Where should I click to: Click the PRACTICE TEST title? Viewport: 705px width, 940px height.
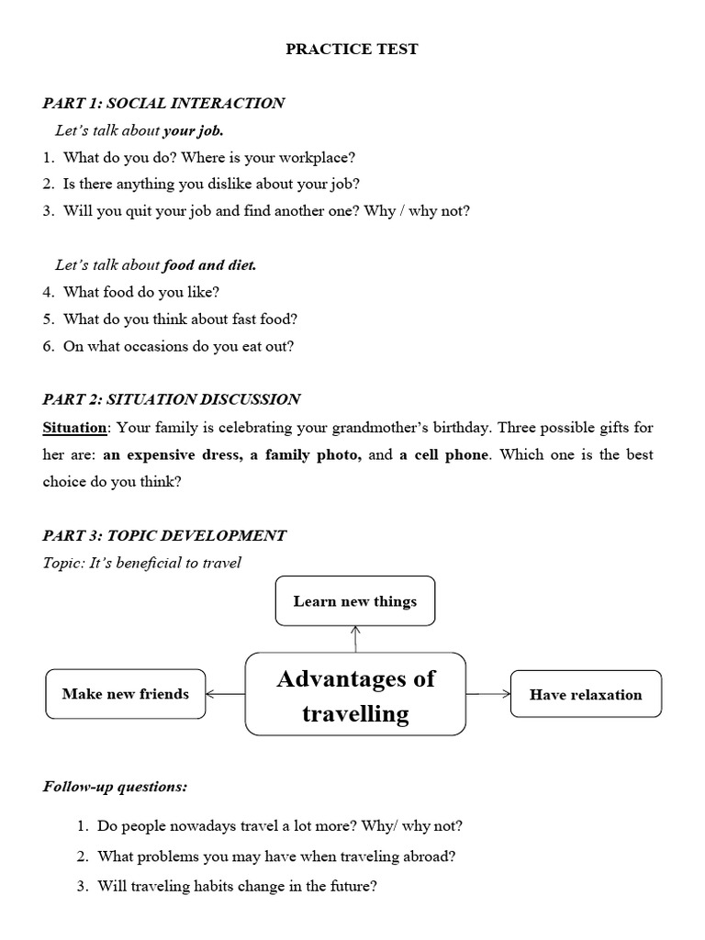coord(352,50)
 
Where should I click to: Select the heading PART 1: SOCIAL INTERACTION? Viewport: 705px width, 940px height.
coord(163,103)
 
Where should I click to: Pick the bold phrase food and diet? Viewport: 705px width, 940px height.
coord(210,265)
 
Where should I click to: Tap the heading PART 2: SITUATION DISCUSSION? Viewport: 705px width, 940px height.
coord(172,399)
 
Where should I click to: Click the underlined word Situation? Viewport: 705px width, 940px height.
coord(75,428)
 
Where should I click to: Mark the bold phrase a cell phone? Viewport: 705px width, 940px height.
coord(444,454)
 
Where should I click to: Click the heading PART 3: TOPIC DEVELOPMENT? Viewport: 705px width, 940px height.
coord(164,535)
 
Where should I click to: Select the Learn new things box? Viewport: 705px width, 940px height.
coord(355,601)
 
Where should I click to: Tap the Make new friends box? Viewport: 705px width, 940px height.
coord(126,694)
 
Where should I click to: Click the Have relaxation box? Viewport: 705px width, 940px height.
coord(586,694)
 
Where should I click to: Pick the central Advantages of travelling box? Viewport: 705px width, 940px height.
coord(356,695)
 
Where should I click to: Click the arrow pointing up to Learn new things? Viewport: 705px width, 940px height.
coord(355,638)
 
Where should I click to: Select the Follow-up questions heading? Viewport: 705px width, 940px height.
coord(115,787)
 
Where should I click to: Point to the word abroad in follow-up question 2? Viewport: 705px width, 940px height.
coord(432,856)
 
